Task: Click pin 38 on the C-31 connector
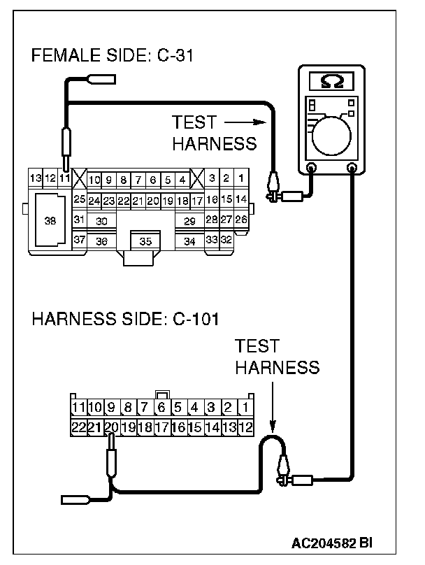click(50, 220)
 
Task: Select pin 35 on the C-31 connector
click(145, 242)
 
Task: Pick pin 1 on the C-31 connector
click(240, 179)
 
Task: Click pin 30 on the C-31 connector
click(102, 221)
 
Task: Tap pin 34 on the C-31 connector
click(189, 242)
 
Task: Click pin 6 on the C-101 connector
click(161, 407)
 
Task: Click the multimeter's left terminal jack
click(312, 168)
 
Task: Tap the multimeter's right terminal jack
click(352, 168)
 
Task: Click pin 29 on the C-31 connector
click(189, 221)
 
